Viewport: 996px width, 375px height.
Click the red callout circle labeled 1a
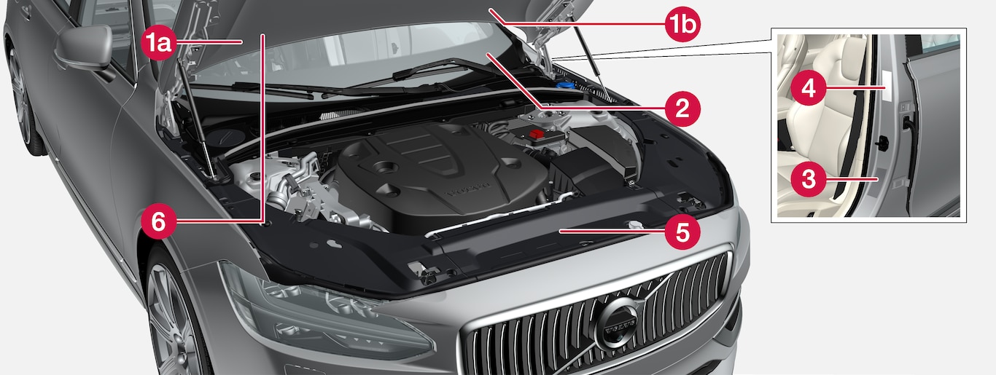pos(159,43)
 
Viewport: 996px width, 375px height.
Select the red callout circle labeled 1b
pos(682,24)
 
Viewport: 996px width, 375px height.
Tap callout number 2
pos(682,109)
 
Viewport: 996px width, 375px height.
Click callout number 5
pos(682,232)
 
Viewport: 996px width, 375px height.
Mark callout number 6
pos(159,221)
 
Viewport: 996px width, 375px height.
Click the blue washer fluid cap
pos(564,84)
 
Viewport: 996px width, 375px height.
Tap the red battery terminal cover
pos(536,134)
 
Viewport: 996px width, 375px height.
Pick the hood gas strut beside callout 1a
pos(196,120)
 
